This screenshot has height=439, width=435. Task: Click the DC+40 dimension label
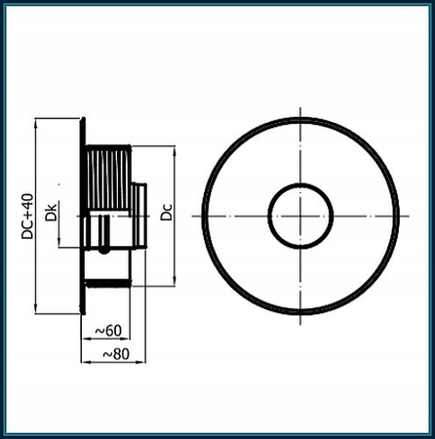(28, 217)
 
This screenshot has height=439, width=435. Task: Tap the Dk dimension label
(51, 209)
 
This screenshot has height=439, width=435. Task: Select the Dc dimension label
(167, 211)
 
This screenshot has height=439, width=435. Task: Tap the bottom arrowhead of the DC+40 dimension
(36, 312)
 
